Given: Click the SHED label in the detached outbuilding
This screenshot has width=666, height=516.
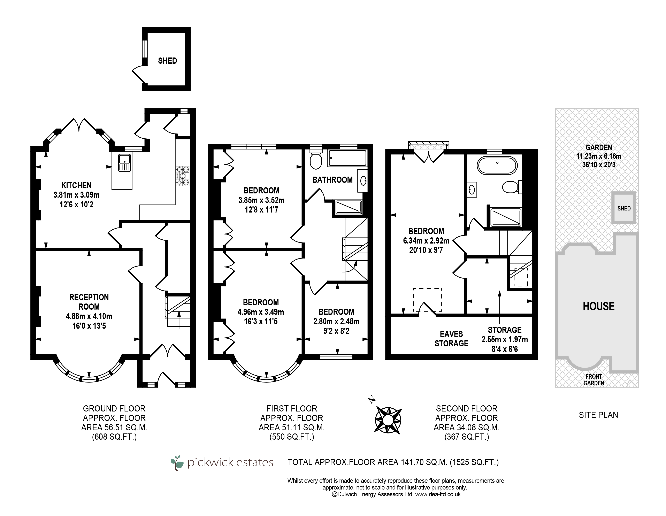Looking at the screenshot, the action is pyautogui.click(x=167, y=61).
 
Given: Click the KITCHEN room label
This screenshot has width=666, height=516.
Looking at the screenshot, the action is pyautogui.click(x=76, y=185).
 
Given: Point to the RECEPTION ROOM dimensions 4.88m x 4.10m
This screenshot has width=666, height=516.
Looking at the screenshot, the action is pyautogui.click(x=89, y=316).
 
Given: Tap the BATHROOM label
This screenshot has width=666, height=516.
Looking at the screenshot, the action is pyautogui.click(x=332, y=180).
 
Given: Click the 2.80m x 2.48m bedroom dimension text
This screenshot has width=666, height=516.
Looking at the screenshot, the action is pyautogui.click(x=336, y=321).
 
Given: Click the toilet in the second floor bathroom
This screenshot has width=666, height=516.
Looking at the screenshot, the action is pyautogui.click(x=512, y=187).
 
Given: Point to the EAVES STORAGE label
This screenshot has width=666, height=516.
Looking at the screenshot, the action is pyautogui.click(x=451, y=339).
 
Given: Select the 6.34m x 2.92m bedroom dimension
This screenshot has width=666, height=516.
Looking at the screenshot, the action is pyautogui.click(x=426, y=241).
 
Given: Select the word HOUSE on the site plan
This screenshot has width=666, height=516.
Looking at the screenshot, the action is pyautogui.click(x=599, y=306).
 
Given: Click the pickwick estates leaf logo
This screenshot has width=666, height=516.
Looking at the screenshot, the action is pyautogui.click(x=177, y=463).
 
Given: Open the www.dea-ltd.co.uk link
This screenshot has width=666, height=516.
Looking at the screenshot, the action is pyautogui.click(x=438, y=494).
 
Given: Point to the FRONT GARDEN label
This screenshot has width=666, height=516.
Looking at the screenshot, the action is pyautogui.click(x=594, y=380).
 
